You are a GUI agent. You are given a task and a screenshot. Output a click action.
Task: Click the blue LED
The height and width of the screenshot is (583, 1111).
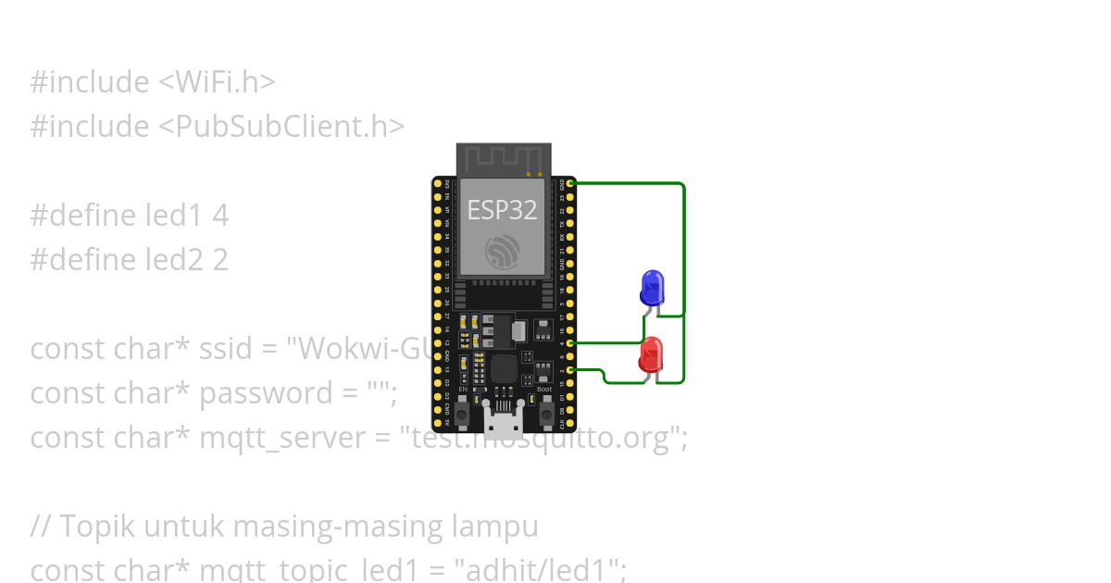pos(653,287)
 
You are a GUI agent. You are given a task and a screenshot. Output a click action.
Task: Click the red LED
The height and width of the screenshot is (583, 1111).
pos(651,354)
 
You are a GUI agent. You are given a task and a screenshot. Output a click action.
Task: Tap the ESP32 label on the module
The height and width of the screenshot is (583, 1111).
pos(502,210)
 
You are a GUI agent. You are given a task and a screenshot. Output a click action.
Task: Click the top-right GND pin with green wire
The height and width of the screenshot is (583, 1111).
pos(570,184)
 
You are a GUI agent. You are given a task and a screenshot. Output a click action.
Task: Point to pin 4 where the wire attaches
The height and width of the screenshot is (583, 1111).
pos(570,343)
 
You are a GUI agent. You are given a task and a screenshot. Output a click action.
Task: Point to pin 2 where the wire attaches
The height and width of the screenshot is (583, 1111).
pos(570,369)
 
